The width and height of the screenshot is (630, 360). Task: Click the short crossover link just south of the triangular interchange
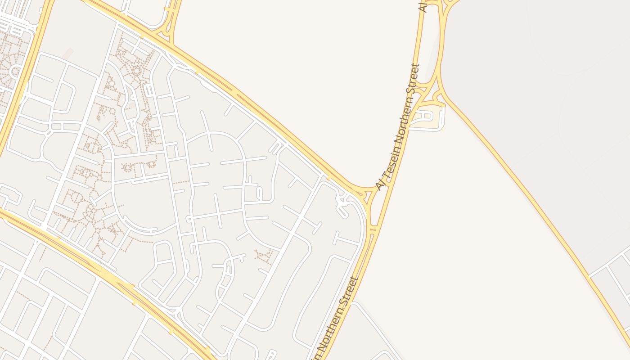(372, 230)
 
